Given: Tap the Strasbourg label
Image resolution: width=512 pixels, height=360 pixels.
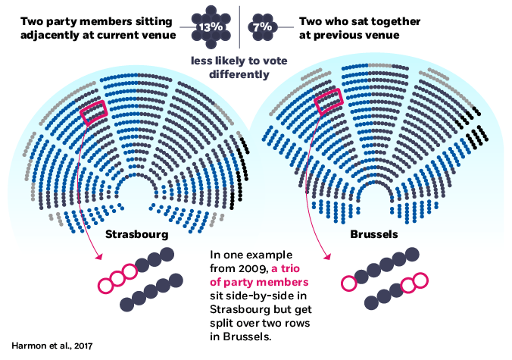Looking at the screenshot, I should [136, 234].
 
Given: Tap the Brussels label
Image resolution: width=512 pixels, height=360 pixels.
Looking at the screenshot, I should [373, 234].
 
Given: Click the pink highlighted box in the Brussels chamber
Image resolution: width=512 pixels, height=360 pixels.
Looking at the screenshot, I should [329, 101].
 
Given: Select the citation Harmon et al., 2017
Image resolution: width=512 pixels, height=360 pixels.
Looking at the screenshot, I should [52, 346].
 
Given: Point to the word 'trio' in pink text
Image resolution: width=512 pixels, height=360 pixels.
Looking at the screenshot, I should [288, 269].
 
